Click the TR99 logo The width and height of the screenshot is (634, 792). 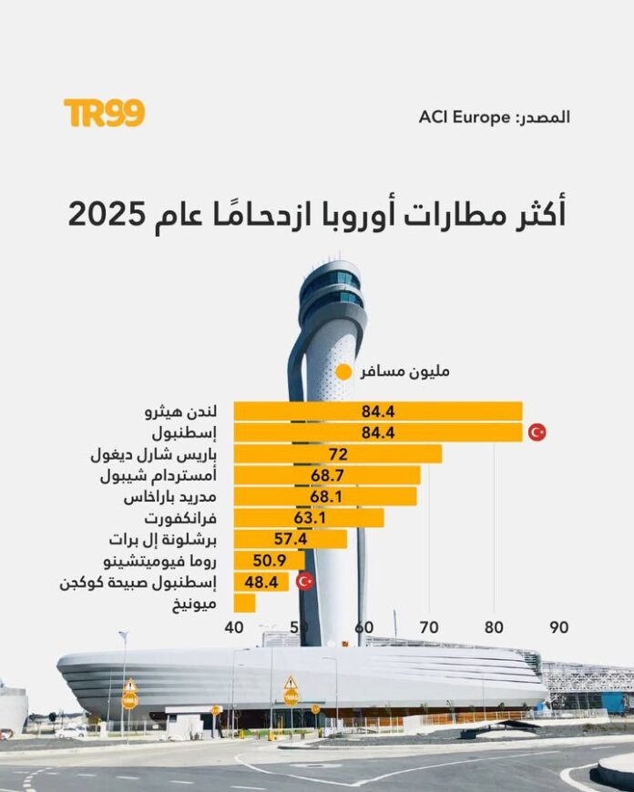[x=104, y=113]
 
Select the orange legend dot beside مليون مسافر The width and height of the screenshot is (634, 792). [x=343, y=371]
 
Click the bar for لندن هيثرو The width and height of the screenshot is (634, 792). [x=377, y=411]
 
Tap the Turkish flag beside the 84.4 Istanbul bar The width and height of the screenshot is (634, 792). [x=537, y=432]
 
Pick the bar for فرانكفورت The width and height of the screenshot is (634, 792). [x=308, y=518]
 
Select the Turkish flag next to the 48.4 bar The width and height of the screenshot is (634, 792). [x=305, y=581]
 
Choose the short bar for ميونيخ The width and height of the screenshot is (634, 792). [x=244, y=603]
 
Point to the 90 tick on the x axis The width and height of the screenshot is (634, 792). [x=558, y=627]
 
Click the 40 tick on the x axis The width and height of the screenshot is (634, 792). [x=234, y=627]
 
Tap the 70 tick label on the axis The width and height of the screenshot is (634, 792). [x=429, y=627]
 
